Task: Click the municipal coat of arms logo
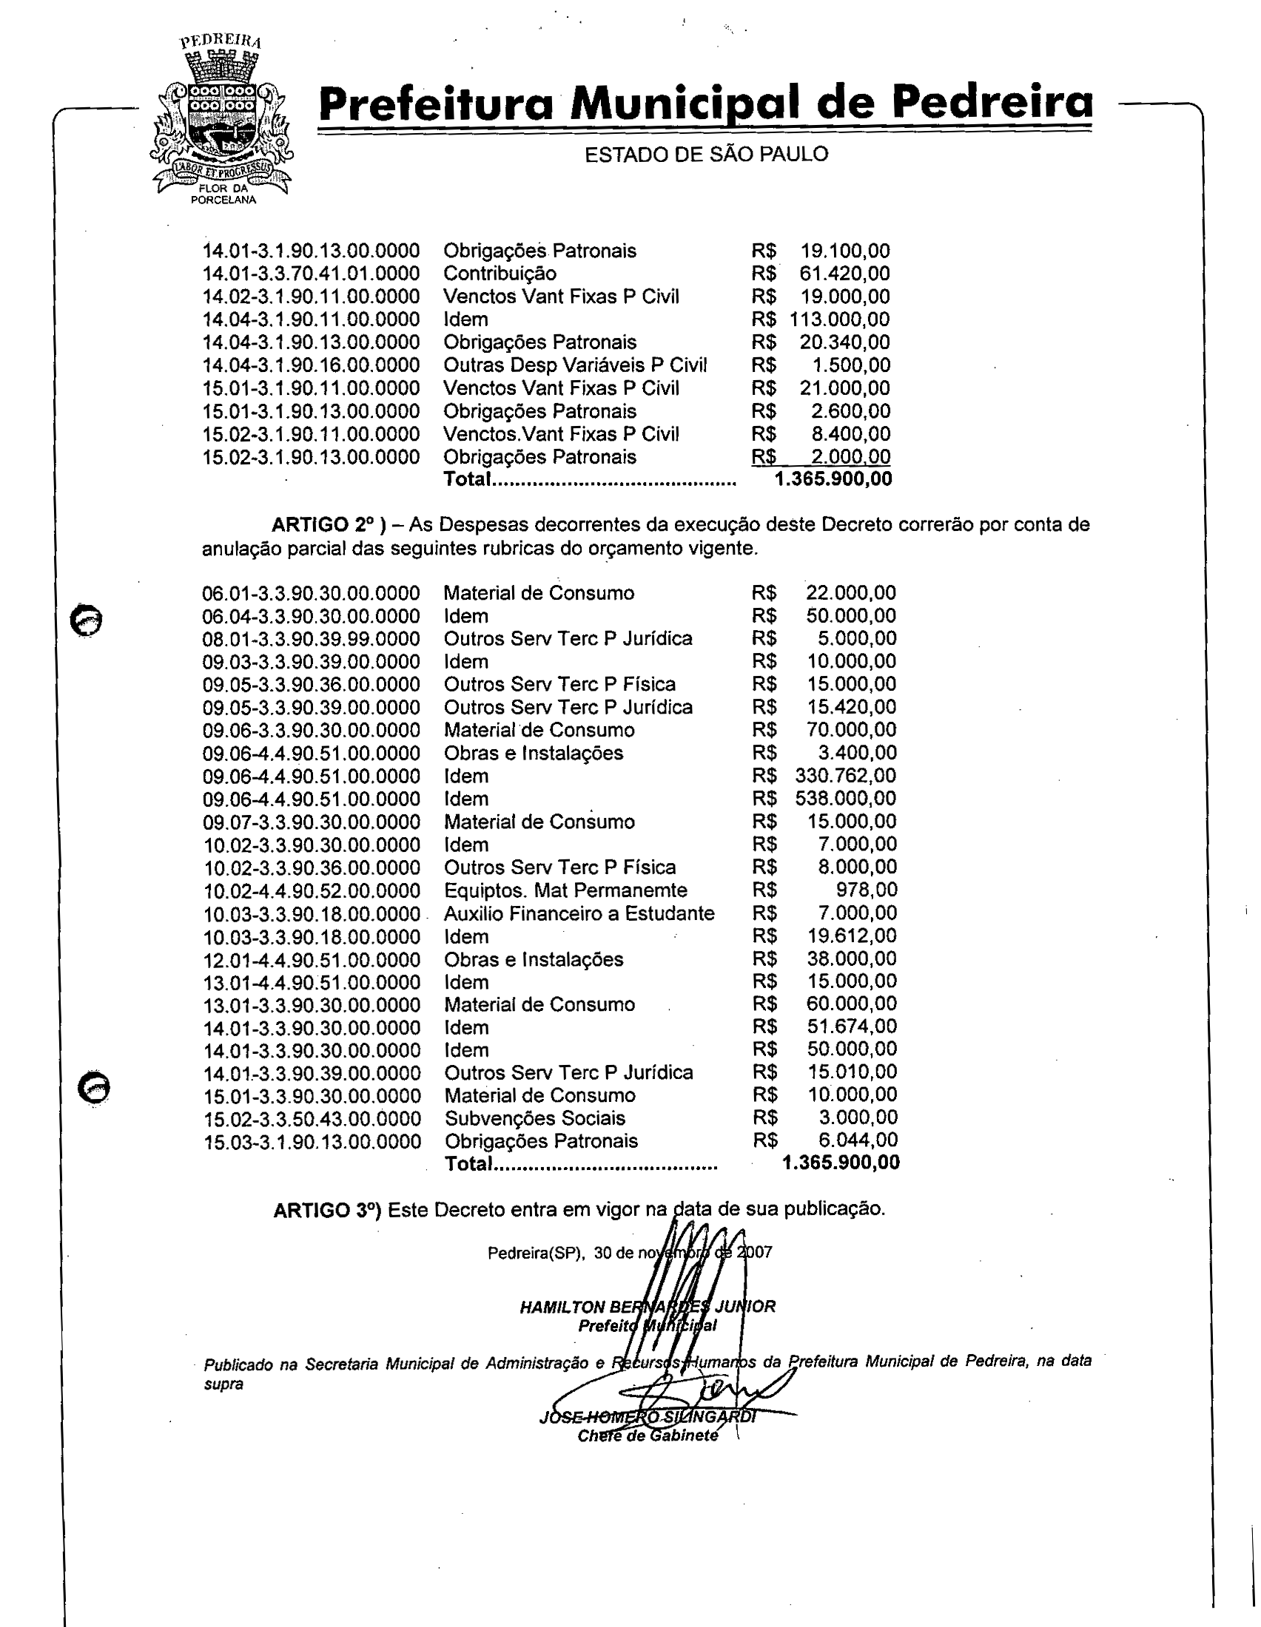tap(221, 119)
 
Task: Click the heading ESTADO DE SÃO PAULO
tap(706, 155)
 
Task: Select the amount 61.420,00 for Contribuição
tap(844, 274)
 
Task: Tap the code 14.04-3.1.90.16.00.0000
tap(311, 365)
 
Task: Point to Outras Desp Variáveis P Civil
tap(574, 365)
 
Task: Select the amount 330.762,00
tap(846, 776)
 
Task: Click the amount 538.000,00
tap(846, 799)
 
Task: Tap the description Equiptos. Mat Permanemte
tap(565, 890)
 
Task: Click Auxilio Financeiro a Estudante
tap(579, 913)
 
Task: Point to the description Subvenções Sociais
tap(535, 1118)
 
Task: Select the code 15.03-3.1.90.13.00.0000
tap(312, 1142)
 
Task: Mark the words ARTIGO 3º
tap(327, 1210)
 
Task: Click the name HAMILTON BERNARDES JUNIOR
tap(647, 1306)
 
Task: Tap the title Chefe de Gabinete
tap(647, 1435)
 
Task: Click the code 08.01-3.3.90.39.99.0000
tap(312, 639)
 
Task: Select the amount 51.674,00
tap(852, 1026)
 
